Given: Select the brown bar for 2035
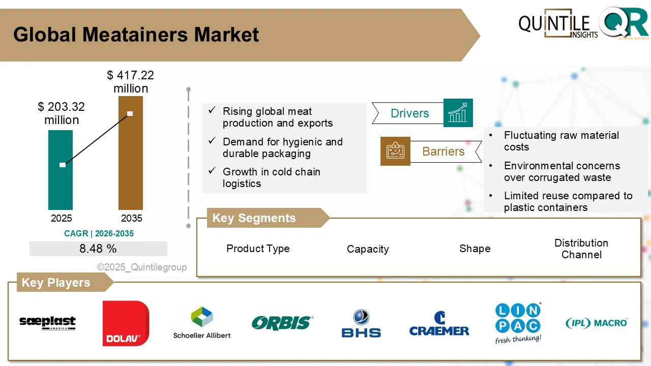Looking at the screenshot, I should coord(131,168).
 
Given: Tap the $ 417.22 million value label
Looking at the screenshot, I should coord(131,82).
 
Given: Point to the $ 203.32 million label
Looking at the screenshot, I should coord(62,113).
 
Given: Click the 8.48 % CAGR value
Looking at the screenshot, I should coord(98,249).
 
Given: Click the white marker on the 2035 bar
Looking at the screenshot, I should coord(130,113).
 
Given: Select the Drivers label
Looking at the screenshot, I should coord(409,113).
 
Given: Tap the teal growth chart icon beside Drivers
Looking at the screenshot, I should coord(458,113).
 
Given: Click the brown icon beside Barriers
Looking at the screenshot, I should coord(395,151).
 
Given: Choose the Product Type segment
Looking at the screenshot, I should coord(258,249).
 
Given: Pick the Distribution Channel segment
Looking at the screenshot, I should coord(581,249).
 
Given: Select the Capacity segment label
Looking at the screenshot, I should coord(368,249).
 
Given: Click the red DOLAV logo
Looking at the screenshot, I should coord(126,323).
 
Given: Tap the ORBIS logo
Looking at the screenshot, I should coord(282,323).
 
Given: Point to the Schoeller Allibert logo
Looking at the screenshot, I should coord(202,323).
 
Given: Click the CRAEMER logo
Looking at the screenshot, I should coord(439,324).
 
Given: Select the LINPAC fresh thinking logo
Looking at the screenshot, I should coord(518,323).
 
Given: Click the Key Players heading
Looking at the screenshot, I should coord(56,283).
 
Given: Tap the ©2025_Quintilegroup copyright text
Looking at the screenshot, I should coord(142,267).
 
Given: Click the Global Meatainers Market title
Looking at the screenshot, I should coord(136,35).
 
